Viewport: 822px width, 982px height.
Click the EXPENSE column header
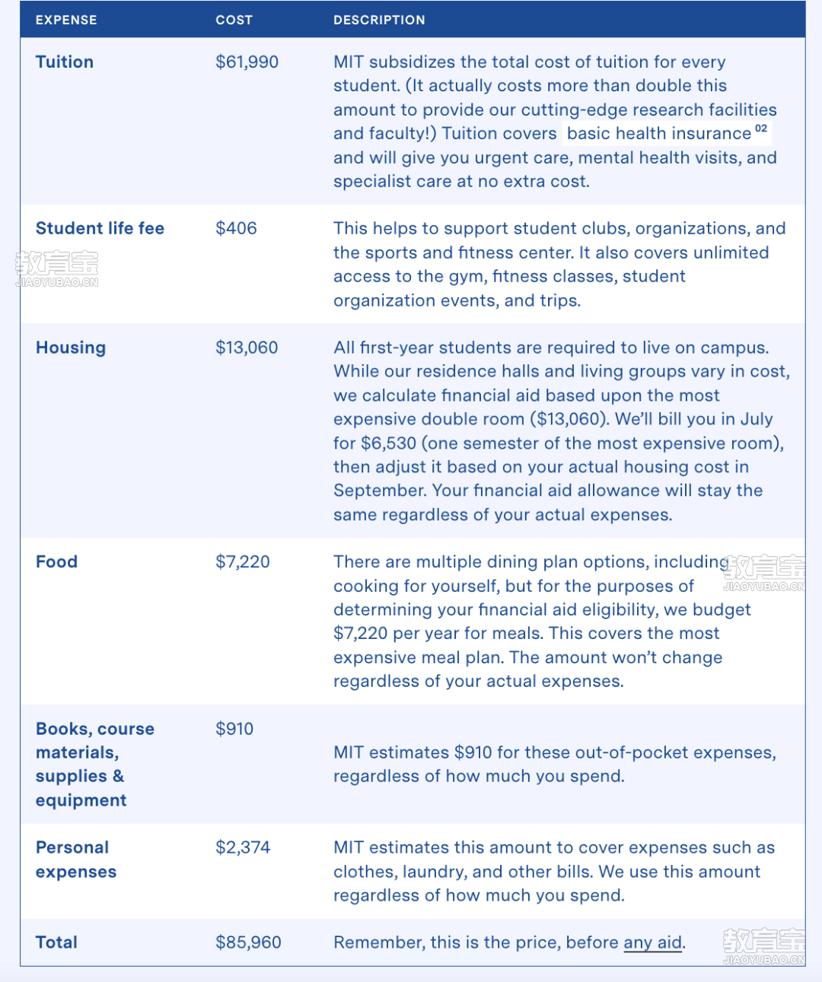[66, 20]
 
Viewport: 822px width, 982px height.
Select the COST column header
[234, 20]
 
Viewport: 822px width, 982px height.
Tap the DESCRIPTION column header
[379, 20]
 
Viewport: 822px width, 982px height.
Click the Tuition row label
[65, 62]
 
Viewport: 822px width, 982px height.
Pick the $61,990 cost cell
[247, 62]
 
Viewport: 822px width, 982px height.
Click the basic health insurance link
[659, 134]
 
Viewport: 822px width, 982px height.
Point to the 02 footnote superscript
[761, 129]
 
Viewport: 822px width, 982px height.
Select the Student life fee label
[100, 229]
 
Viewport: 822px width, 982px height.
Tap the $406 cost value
[236, 229]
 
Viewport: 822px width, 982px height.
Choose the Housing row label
[71, 348]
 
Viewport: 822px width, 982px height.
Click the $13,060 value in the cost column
[247, 348]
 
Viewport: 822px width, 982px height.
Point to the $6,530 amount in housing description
[388, 443]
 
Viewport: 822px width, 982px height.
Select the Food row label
[56, 562]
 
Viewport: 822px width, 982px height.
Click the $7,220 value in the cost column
[243, 562]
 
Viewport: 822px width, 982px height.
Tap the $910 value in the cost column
[234, 729]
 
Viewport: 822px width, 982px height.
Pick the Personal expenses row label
[75, 860]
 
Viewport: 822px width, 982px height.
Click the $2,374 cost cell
[243, 847]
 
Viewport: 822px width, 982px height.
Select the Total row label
[56, 942]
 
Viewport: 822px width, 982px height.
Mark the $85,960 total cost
[248, 942]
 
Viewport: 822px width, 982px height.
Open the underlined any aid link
[652, 943]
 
